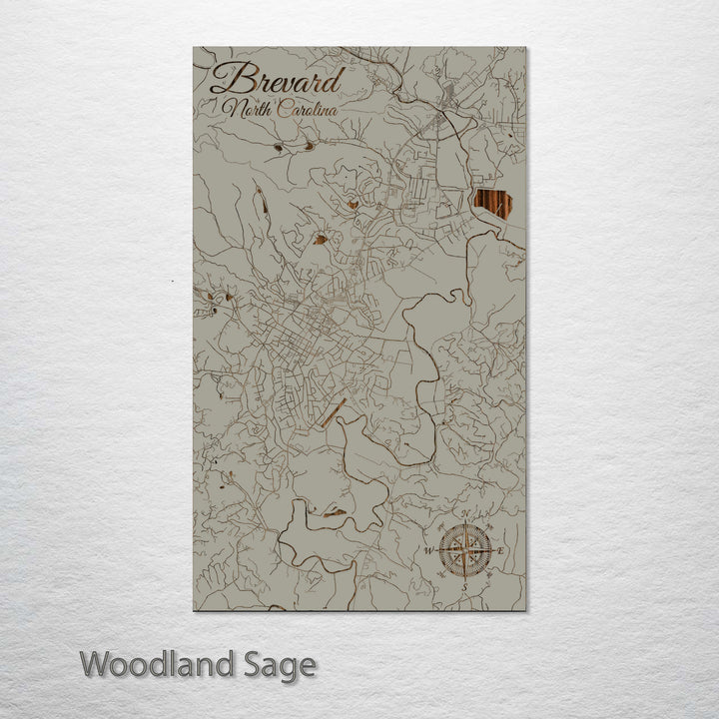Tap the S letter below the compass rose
(464, 586)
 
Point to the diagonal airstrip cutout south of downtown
(334, 411)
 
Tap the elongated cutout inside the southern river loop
(330, 513)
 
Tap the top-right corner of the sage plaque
(525, 48)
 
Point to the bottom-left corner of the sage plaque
(194, 609)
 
